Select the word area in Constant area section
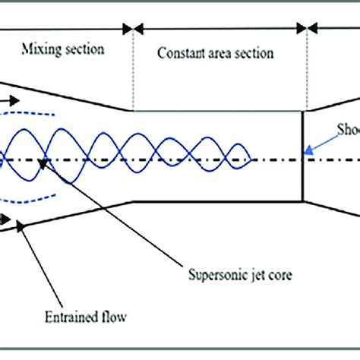coord(222,54)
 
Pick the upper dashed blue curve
coord(30,115)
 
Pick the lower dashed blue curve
coord(30,204)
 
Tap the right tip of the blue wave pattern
coord(251,159)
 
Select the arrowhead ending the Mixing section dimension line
coord(128,30)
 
